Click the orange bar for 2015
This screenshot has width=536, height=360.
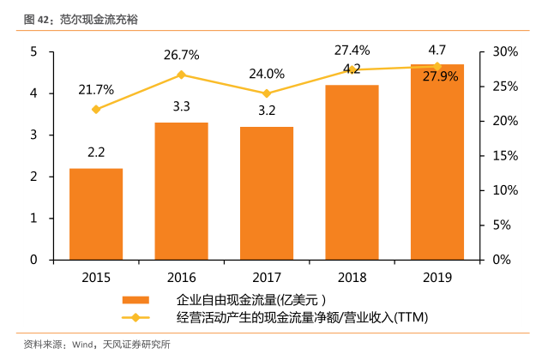click(x=96, y=213)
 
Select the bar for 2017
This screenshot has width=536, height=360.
click(x=267, y=193)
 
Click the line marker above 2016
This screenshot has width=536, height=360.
click(x=181, y=75)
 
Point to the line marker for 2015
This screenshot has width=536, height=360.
click(x=96, y=110)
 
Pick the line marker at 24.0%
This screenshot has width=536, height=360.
click(x=267, y=93)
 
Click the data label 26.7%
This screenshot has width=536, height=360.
click(x=181, y=55)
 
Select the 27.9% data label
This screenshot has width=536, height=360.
click(x=437, y=77)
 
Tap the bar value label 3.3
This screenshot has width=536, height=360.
click(x=181, y=108)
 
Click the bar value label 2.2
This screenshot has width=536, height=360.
click(x=96, y=153)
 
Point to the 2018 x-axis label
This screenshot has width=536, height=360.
click(x=352, y=278)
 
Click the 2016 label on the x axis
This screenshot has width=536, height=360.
click(x=181, y=278)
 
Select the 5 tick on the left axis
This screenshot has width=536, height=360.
click(x=33, y=52)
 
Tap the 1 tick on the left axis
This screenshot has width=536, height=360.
click(x=33, y=218)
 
